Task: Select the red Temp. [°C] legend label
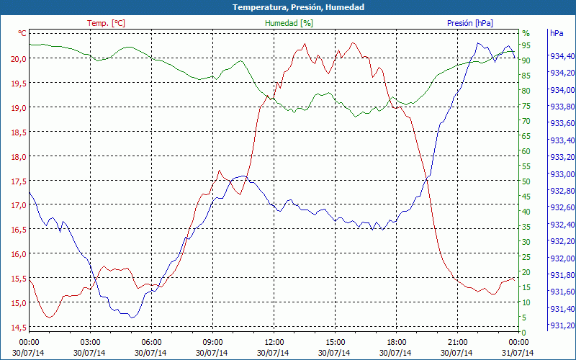(x=106, y=23)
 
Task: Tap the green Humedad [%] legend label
(x=289, y=23)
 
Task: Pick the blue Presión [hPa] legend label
(x=469, y=23)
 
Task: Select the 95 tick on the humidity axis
(x=526, y=45)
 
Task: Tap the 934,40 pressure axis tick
(x=562, y=56)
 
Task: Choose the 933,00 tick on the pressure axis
(x=562, y=174)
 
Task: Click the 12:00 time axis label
(x=274, y=342)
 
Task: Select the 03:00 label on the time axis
(x=90, y=342)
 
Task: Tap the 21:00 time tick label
(x=458, y=342)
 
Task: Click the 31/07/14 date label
(x=518, y=353)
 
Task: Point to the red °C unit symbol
(x=22, y=33)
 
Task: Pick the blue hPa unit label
(x=557, y=33)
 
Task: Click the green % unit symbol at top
(x=526, y=33)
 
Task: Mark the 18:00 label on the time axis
(x=397, y=342)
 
